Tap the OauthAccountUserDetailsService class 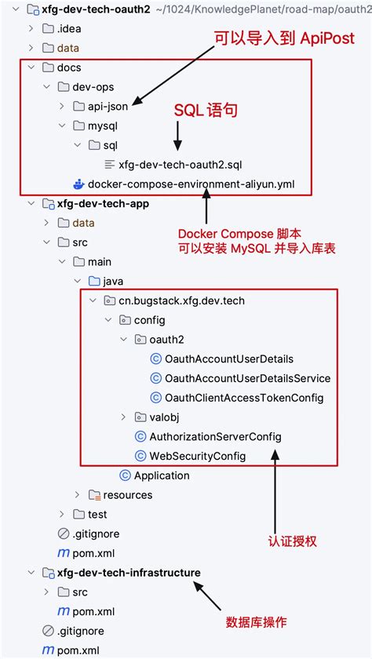tap(247, 378)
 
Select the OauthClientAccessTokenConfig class tap(243, 398)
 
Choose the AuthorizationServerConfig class tap(215, 436)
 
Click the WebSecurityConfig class tap(197, 456)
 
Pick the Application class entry tap(162, 475)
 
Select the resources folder tap(127, 495)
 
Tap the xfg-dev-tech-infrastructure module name tap(129, 573)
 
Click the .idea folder tap(68, 28)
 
